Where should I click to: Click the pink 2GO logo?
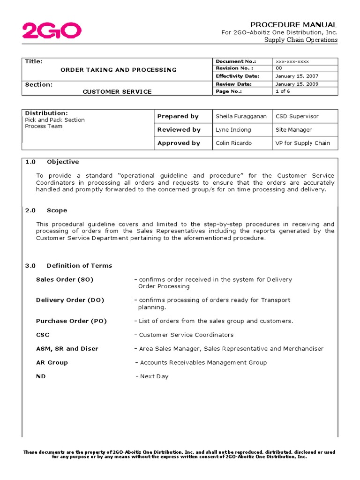pyautogui.click(x=52, y=31)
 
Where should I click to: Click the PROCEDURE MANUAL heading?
pyautogui.click(x=293, y=24)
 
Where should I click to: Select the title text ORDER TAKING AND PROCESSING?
pyautogui.click(x=119, y=70)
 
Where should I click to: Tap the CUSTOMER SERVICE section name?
pyautogui.click(x=117, y=92)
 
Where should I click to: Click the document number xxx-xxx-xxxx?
pyautogui.click(x=292, y=61)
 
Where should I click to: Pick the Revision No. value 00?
pyautogui.click(x=279, y=68)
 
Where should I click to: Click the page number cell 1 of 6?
pyautogui.click(x=283, y=91)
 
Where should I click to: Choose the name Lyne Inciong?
pyautogui.click(x=233, y=130)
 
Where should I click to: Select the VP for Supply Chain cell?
pyautogui.click(x=302, y=143)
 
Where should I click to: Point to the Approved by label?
pyautogui.click(x=179, y=143)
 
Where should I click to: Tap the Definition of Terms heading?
pyautogui.click(x=79, y=266)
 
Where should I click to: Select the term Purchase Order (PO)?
pyautogui.click(x=71, y=321)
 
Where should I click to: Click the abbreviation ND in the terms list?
pyautogui.click(x=41, y=376)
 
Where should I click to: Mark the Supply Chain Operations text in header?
pyautogui.click(x=300, y=40)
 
